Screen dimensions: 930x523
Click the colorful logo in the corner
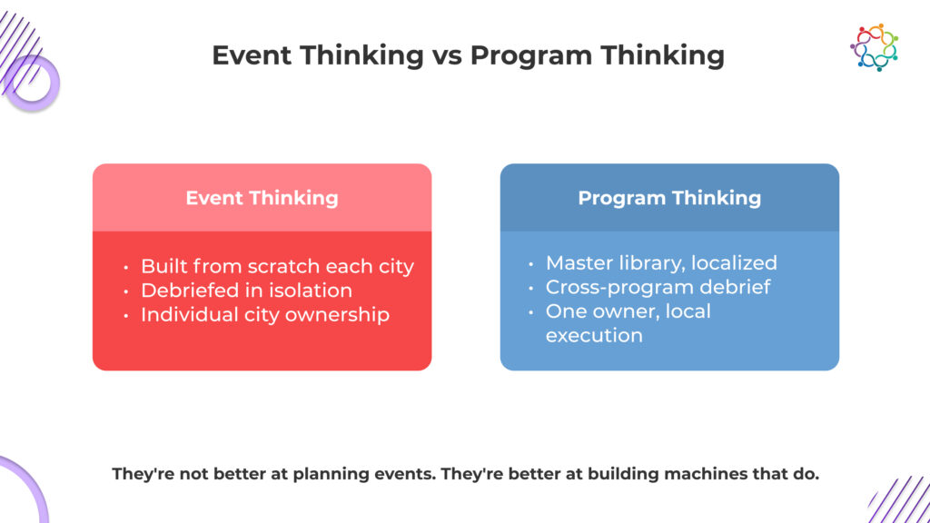tap(875, 47)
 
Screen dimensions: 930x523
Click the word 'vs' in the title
tap(447, 55)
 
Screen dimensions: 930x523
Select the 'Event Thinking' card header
tap(262, 197)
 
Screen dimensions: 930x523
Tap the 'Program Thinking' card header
tap(669, 197)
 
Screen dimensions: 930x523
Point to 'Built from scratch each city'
tap(277, 267)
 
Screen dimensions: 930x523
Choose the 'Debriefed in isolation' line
tap(246, 291)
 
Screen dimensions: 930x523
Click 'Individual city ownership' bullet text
tap(265, 315)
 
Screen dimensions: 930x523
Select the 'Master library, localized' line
tap(661, 263)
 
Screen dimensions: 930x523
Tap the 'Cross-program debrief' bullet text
tap(658, 288)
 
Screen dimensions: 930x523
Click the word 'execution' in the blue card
tap(594, 336)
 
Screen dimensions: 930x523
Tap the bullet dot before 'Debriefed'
tap(126, 291)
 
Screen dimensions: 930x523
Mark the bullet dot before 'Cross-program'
tap(531, 288)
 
